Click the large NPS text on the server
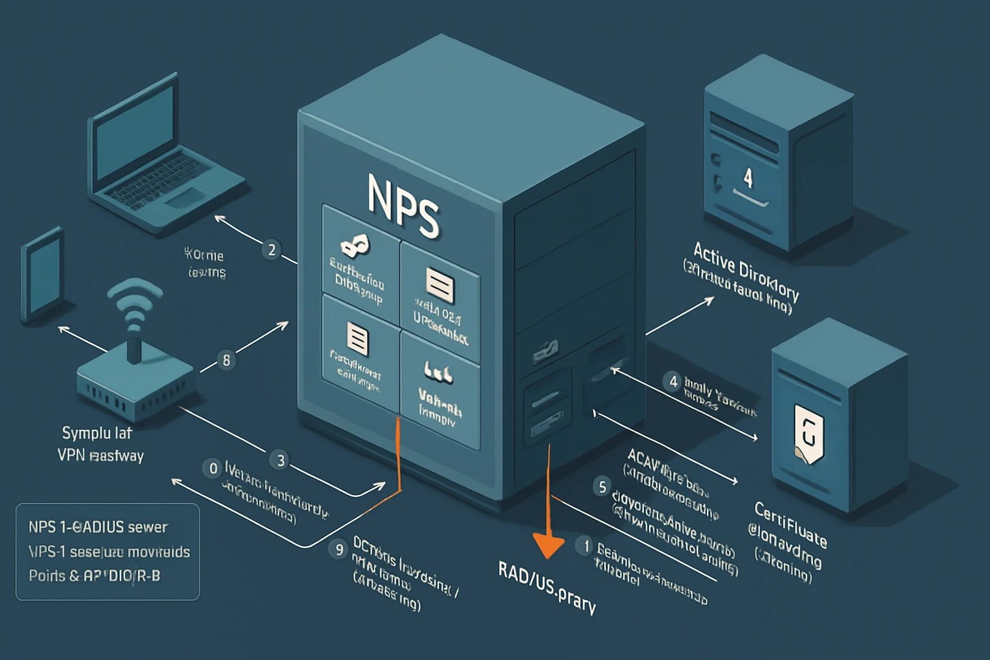[x=403, y=206]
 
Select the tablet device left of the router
[x=43, y=273]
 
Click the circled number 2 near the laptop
[x=271, y=250]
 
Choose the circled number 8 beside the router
[x=226, y=360]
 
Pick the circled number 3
[x=280, y=460]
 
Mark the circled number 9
[x=338, y=548]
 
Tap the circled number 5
[x=602, y=487]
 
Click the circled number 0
[x=213, y=468]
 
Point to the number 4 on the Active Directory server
[x=748, y=177]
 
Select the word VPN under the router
[x=71, y=455]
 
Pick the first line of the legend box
[x=97, y=527]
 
